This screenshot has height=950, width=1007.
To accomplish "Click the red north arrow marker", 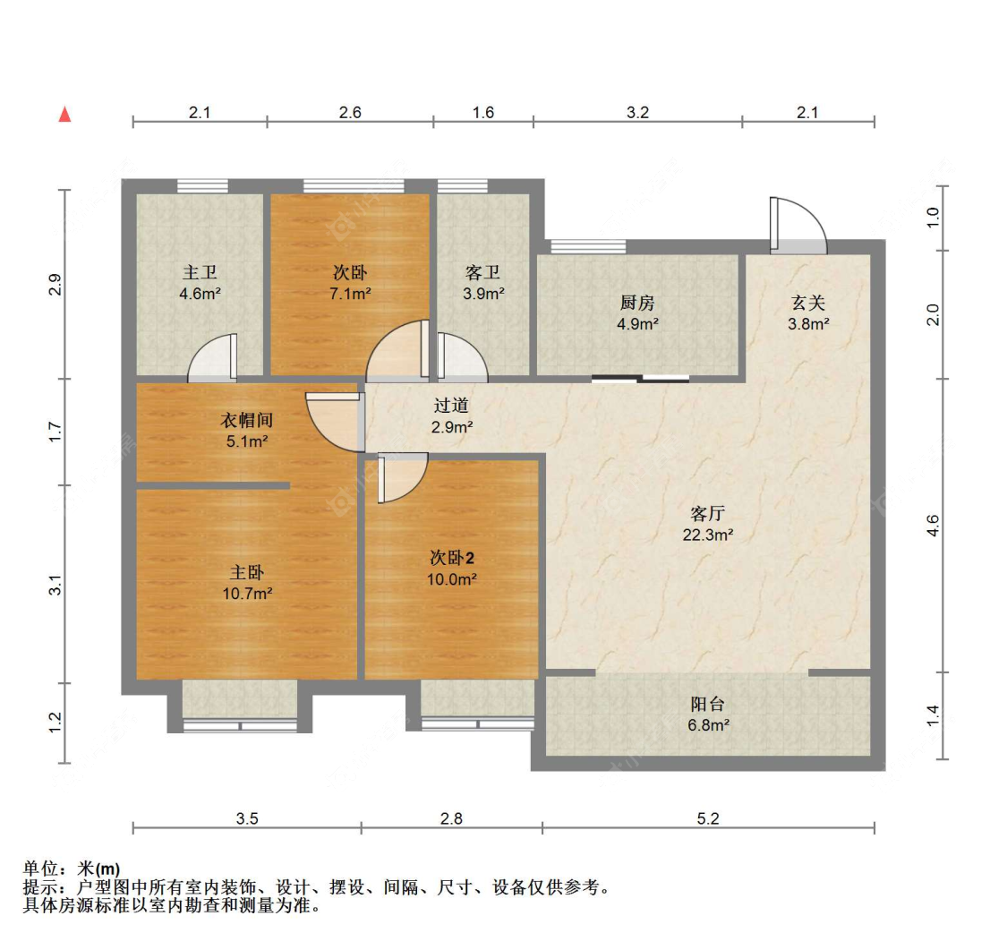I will click(x=64, y=115).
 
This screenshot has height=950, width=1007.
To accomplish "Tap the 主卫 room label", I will click(x=201, y=272).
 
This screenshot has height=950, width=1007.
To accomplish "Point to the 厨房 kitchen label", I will click(x=637, y=303).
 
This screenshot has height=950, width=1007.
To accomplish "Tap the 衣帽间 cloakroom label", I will click(x=246, y=420).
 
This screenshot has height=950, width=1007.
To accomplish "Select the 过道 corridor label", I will click(x=451, y=407).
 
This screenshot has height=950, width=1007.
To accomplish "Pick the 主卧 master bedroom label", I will click(x=246, y=571).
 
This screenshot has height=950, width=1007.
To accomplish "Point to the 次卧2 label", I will click(x=452, y=558).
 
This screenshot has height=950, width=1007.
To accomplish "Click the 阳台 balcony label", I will click(x=707, y=705).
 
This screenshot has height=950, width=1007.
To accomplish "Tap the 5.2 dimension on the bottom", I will click(x=707, y=817).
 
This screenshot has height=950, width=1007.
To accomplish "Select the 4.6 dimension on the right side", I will click(x=934, y=525).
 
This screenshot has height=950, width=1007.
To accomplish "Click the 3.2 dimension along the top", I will click(x=636, y=113).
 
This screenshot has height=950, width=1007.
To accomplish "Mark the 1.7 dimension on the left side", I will click(x=55, y=432).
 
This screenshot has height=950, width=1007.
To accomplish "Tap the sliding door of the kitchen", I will click(x=640, y=379).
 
